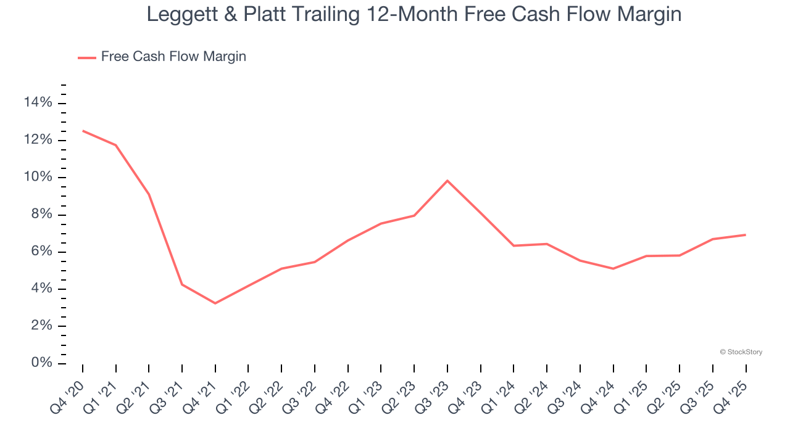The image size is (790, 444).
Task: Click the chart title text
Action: (x=414, y=14)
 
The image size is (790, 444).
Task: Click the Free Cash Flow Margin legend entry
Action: (x=173, y=57)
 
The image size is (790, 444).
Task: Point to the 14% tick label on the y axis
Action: (x=38, y=103)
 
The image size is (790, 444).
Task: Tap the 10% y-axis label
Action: (x=38, y=178)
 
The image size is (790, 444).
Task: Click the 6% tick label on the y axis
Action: (x=41, y=252)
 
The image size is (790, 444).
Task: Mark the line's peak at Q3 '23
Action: (x=447, y=181)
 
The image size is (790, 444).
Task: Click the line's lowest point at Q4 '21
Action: (x=215, y=303)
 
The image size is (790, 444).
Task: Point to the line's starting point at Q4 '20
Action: (x=83, y=131)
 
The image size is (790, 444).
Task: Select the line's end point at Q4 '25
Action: (x=746, y=235)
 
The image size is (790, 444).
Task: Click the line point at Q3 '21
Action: (x=182, y=284)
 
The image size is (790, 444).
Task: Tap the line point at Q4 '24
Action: (x=613, y=269)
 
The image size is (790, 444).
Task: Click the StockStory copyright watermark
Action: (x=741, y=352)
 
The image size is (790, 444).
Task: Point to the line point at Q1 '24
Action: (x=514, y=245)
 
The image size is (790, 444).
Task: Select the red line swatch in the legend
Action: (x=86, y=57)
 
